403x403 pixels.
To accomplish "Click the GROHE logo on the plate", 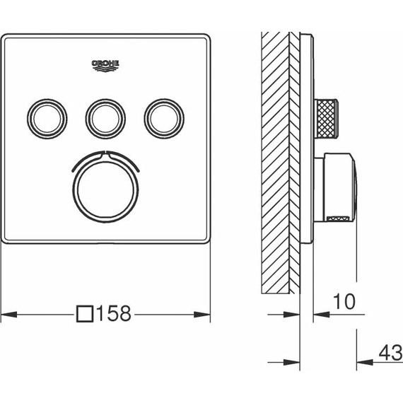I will tap(107, 66).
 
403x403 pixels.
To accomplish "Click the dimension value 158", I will tap(114, 313).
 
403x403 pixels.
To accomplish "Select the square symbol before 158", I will tap(86, 313).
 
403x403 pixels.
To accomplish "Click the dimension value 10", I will tap(342, 301).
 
